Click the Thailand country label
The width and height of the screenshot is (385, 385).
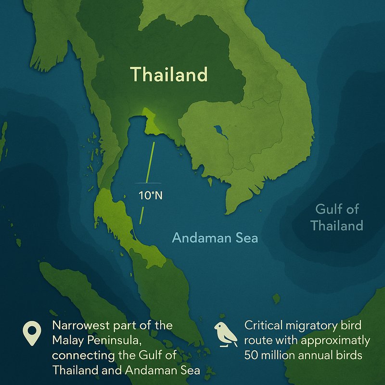tap(169, 75)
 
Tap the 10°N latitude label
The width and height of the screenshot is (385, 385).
tap(148, 196)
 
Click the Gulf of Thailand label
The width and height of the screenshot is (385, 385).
tap(336, 218)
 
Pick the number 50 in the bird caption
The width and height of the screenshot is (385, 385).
tap(251, 357)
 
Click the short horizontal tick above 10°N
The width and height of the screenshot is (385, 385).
tap(148, 183)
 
